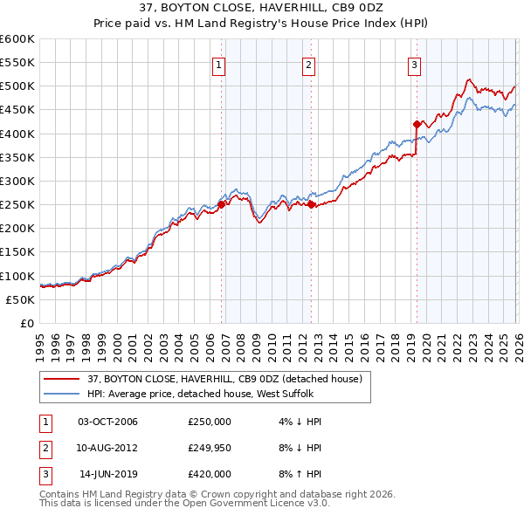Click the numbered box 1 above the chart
[x=218, y=64]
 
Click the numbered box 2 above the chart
[x=309, y=64]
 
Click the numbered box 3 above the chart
[x=414, y=64]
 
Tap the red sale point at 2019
[x=417, y=124]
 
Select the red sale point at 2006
[x=221, y=204]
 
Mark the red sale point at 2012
[x=312, y=204]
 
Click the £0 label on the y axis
[x=26, y=323]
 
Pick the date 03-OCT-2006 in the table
[x=107, y=422]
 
